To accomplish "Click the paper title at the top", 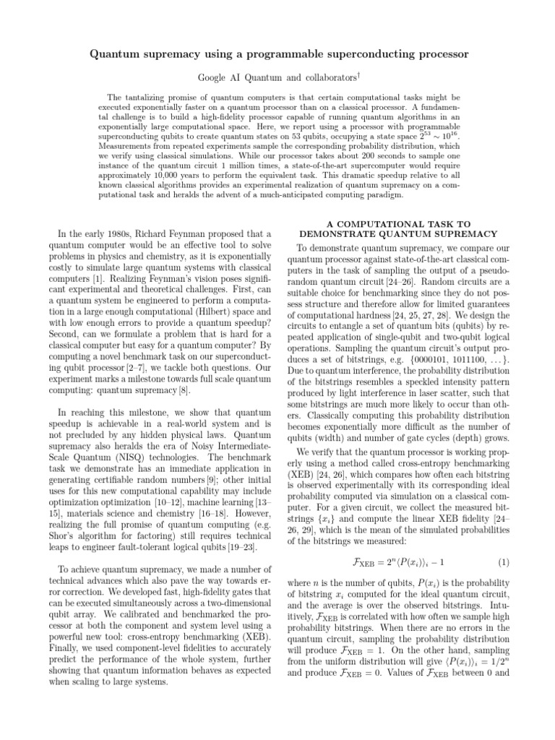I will pos(277,54).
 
